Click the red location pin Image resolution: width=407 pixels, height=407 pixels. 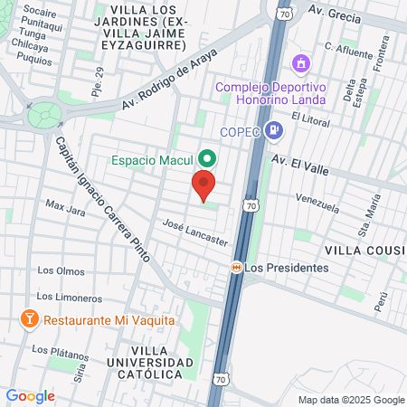tap(204, 186)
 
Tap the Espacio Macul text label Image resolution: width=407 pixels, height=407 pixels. tap(153, 159)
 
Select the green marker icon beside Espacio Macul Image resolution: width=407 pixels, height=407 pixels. tap(206, 157)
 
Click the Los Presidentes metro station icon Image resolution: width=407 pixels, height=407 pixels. tap(236, 268)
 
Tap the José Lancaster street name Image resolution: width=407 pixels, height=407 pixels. tap(194, 231)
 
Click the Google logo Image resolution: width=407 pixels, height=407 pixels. tap(30, 395)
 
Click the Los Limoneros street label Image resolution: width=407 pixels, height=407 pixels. tap(68, 297)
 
